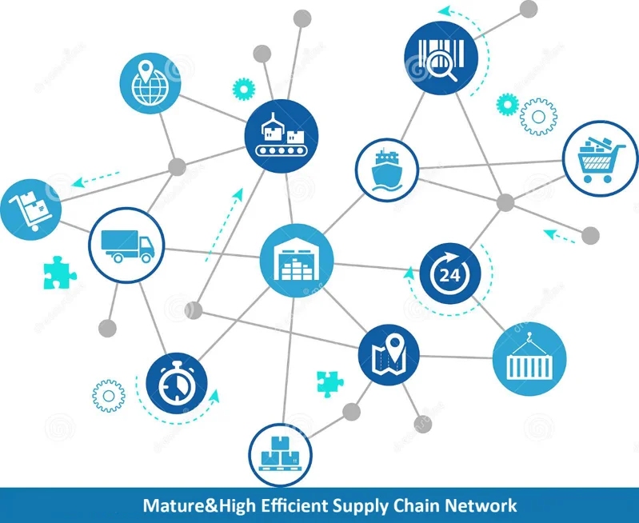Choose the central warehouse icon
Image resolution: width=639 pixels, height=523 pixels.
click(295, 258)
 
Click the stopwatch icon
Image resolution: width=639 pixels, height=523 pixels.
click(176, 382)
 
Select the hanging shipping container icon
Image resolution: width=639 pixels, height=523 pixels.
click(529, 357)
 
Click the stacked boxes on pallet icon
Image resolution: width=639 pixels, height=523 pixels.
click(281, 453)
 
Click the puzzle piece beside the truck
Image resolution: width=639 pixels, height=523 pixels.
click(58, 272)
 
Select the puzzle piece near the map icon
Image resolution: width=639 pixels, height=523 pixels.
click(329, 383)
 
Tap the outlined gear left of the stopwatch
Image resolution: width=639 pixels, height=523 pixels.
click(109, 396)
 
